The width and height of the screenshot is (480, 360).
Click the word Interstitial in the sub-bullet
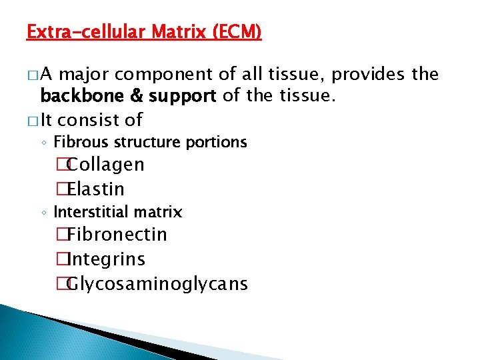89,212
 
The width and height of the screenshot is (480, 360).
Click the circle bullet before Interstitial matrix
43,213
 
